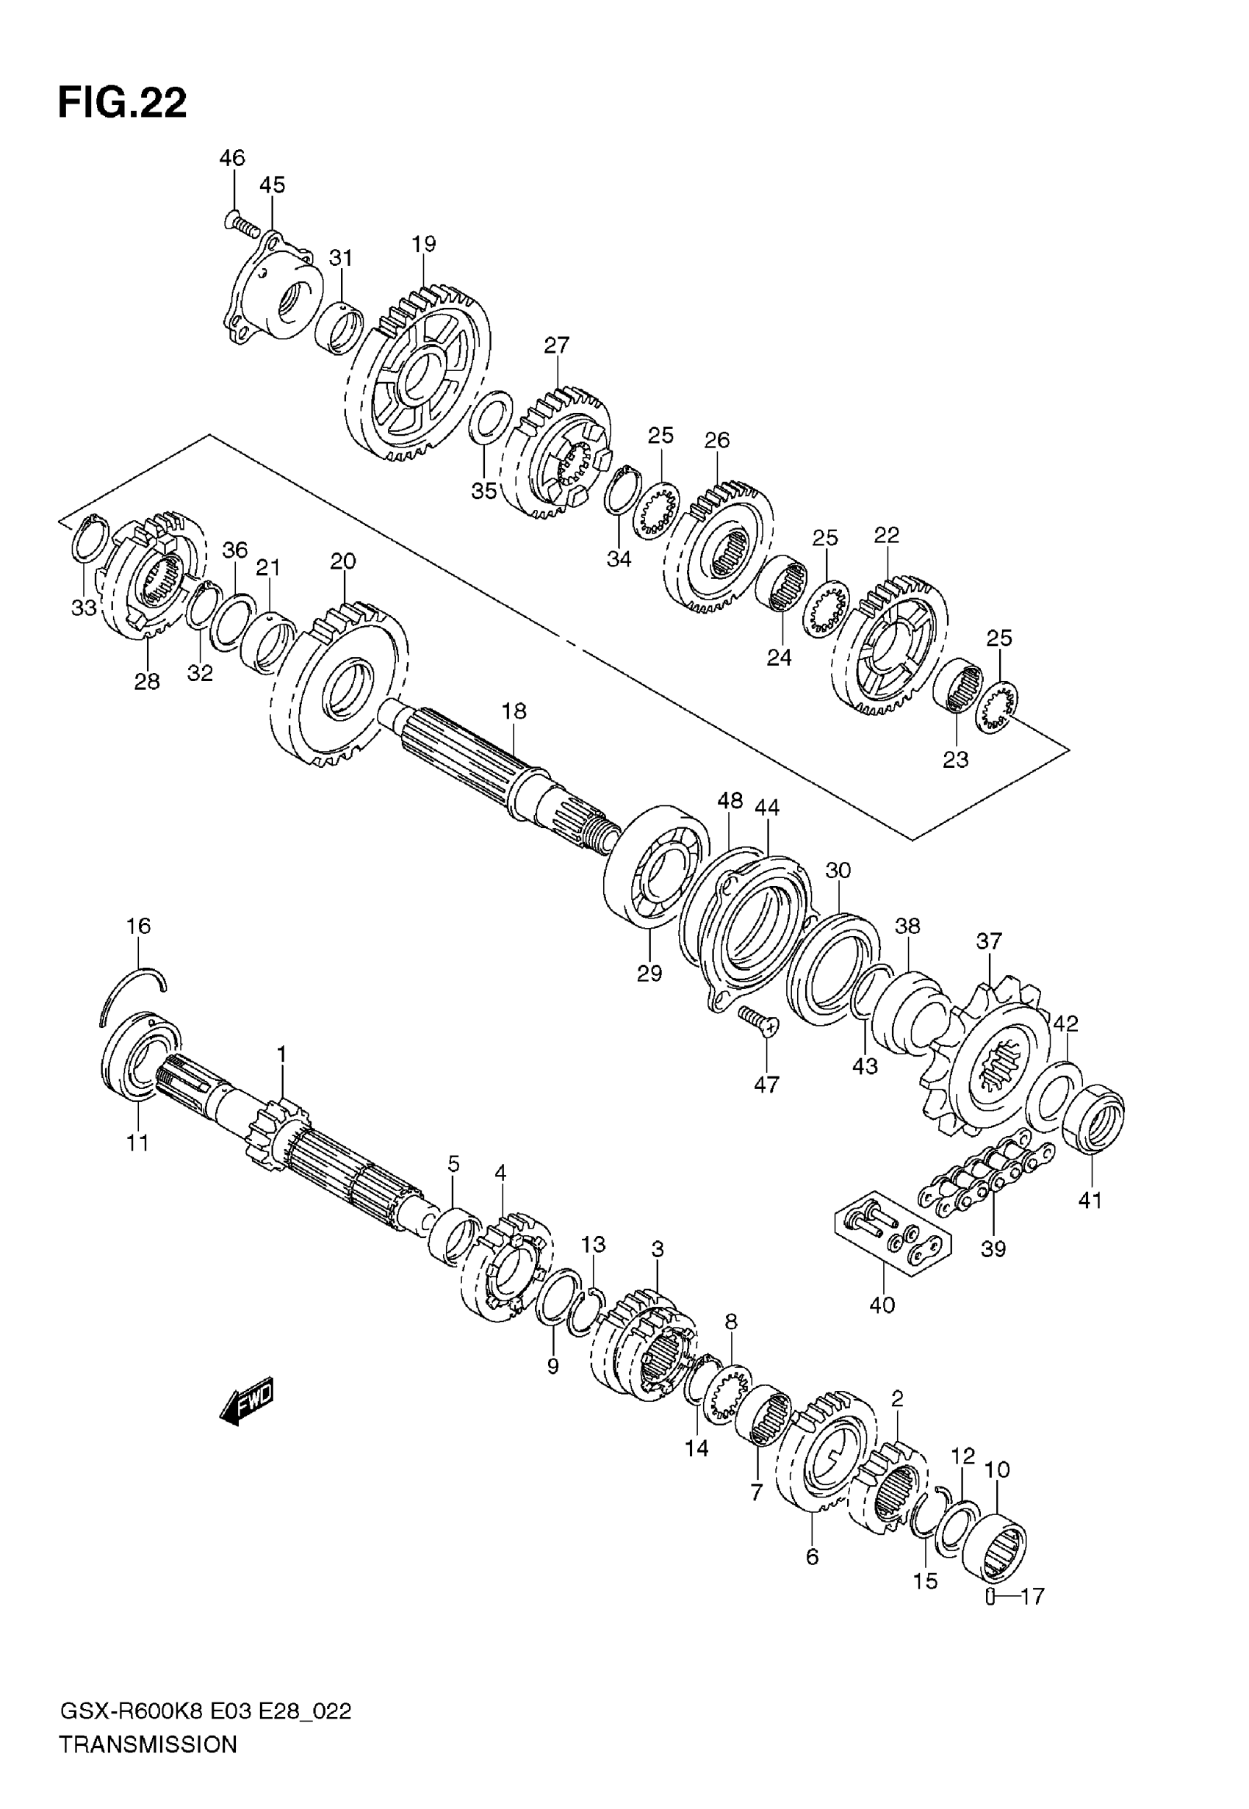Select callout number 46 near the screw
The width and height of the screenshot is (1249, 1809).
point(231,158)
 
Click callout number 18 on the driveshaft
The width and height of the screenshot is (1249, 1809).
point(514,711)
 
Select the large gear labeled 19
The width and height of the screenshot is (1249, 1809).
point(419,376)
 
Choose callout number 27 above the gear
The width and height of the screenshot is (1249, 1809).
point(557,345)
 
